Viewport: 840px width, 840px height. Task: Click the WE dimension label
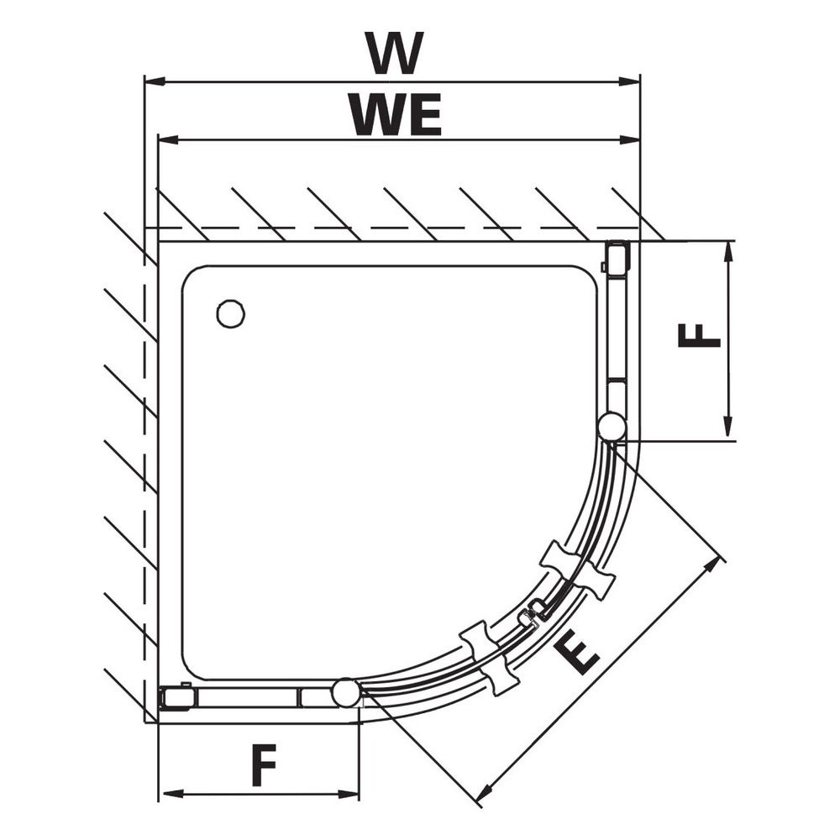click(x=396, y=114)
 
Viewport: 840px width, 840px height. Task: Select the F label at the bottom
click(x=264, y=764)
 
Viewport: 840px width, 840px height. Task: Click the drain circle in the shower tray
click(x=231, y=314)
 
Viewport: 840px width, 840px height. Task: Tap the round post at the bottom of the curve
click(x=346, y=693)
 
